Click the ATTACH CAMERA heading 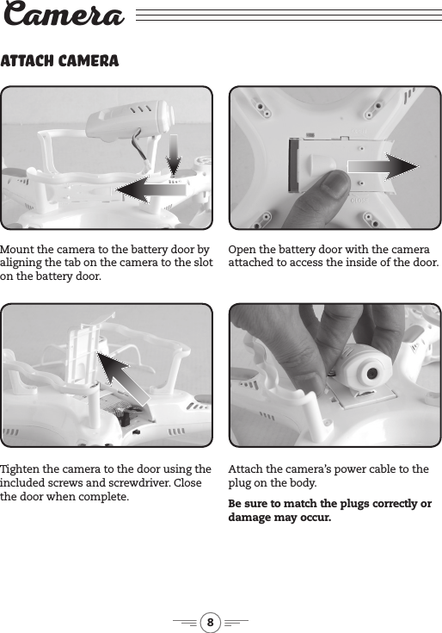click(59, 62)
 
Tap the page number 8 click(211, 620)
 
